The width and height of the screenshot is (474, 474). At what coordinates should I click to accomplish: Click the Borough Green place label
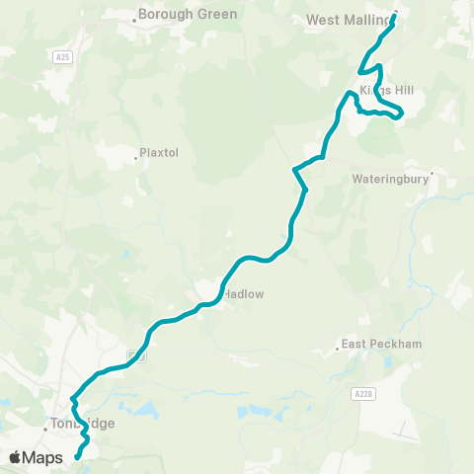click(188, 15)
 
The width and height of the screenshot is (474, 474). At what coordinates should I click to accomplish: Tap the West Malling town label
click(349, 19)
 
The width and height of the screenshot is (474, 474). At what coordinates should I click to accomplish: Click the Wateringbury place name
click(389, 181)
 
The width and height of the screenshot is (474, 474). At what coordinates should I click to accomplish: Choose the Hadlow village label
click(243, 293)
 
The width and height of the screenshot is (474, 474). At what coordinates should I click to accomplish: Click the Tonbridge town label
click(84, 424)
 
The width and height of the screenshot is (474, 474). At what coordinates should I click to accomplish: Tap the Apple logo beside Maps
click(16, 457)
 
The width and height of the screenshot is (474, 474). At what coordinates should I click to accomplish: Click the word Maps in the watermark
click(44, 457)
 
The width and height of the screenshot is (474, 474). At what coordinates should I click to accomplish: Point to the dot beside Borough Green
click(135, 17)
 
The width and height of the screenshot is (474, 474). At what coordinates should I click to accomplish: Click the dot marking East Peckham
click(337, 347)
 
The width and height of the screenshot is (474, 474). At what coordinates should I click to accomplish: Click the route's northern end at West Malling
click(395, 14)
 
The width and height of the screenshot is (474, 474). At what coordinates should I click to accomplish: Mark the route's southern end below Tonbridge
click(77, 457)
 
